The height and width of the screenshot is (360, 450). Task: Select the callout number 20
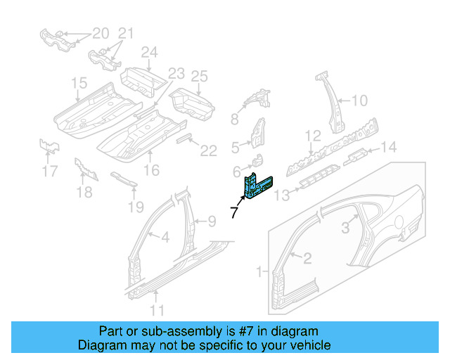tap(101, 33)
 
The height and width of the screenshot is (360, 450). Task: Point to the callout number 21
tap(124, 33)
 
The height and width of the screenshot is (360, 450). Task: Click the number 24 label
tap(148, 52)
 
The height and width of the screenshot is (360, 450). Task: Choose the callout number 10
tap(359, 101)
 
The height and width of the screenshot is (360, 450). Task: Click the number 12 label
tap(312, 135)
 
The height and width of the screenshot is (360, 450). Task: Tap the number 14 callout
tap(388, 147)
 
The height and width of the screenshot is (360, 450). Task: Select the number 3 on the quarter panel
tap(345, 227)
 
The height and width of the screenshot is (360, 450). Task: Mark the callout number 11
tap(157, 309)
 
